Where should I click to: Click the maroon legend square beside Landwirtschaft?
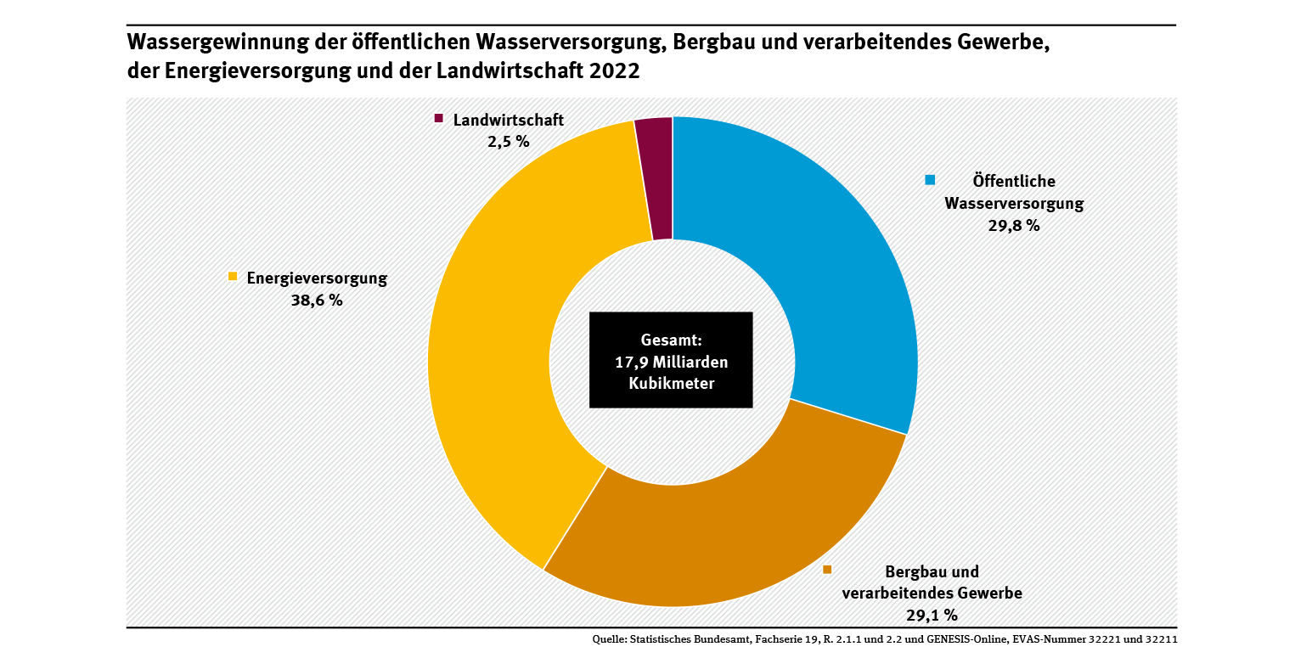pyautogui.click(x=439, y=119)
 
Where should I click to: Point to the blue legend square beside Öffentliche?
pyautogui.click(x=930, y=180)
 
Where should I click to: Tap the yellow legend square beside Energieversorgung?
pyautogui.click(x=232, y=277)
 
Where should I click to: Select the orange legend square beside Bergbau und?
pyautogui.click(x=827, y=570)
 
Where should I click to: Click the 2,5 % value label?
pyautogui.click(x=508, y=142)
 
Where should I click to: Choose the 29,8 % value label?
pyautogui.click(x=1015, y=226)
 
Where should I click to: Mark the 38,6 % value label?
pyautogui.click(x=317, y=300)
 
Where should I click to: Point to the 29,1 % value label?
pyautogui.click(x=932, y=614)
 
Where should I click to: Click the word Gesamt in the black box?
pyautogui.click(x=670, y=340)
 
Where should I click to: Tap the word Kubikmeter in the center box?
pyautogui.click(x=671, y=384)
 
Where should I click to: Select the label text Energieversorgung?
pyautogui.click(x=317, y=278)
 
